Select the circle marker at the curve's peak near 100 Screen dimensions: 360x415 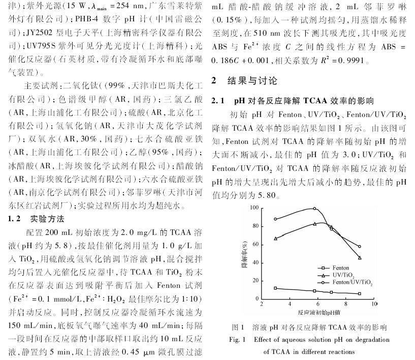coord(314,208)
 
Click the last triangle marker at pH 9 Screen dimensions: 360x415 coord(360,258)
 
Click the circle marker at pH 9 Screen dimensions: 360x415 coord(360,247)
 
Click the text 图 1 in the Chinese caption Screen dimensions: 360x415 coord(238,327)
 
